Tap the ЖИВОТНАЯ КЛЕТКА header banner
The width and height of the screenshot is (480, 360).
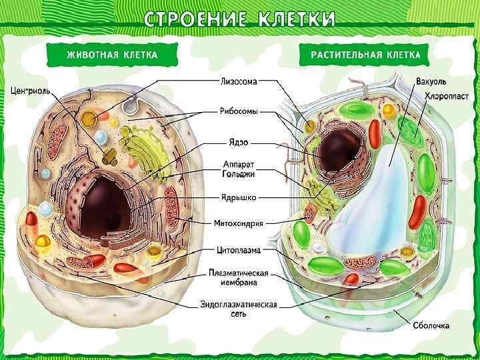pos(111,55)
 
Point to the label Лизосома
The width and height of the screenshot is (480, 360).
pos(239,81)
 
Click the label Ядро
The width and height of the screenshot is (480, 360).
pos(239,142)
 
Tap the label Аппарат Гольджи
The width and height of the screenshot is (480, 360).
pos(239,169)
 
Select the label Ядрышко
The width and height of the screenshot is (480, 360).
pos(239,198)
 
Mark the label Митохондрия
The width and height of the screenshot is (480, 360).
pos(239,223)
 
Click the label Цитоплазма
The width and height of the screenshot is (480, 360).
pos(239,251)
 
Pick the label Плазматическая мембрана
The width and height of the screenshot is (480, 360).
pos(239,277)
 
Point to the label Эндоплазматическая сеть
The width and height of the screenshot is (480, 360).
pos(239,309)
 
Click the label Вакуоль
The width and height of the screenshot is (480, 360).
pos(431,82)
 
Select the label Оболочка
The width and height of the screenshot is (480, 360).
pos(430,326)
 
